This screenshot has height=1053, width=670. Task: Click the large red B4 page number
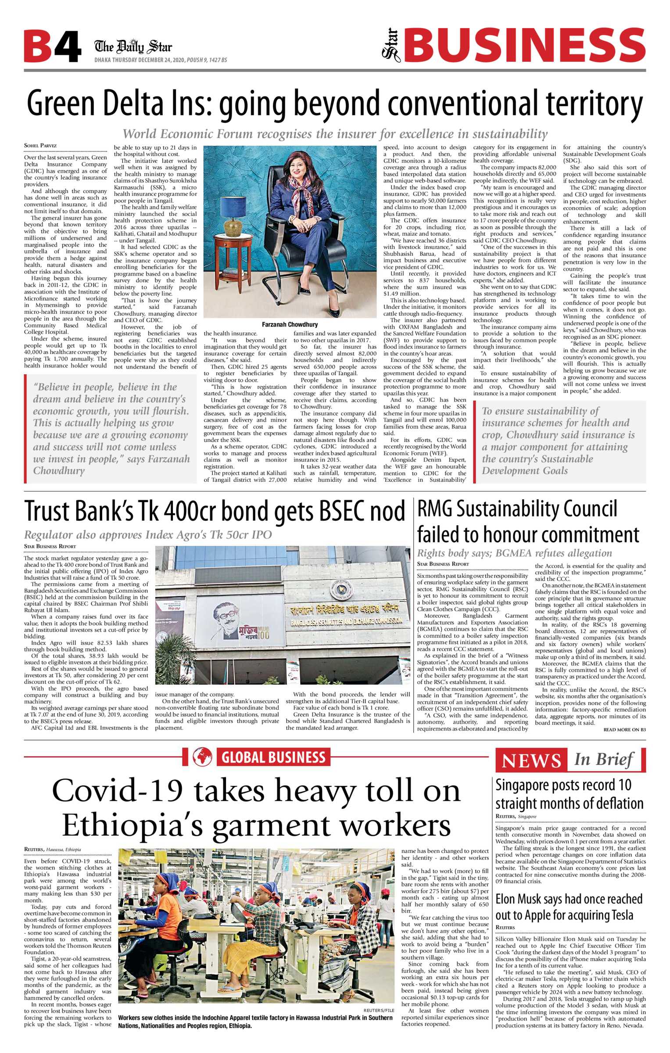coord(53,47)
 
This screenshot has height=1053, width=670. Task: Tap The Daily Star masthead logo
coord(133,47)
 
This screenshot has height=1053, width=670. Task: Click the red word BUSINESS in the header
coord(524,46)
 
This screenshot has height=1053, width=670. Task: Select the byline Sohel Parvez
coord(40,145)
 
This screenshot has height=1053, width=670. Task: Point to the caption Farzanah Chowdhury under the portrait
coord(290,324)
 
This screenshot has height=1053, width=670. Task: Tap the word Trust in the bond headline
coord(49,511)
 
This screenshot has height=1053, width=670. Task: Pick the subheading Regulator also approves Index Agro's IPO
coord(148,535)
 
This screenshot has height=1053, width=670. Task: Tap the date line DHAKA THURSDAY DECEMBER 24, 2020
coord(140,60)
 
